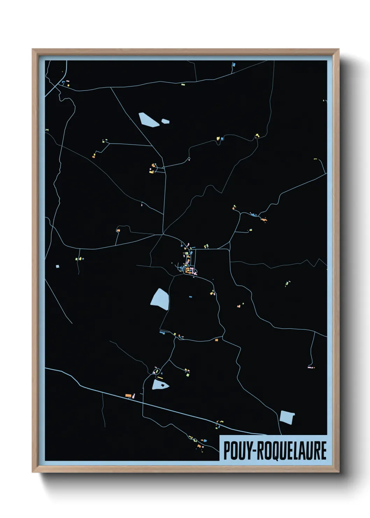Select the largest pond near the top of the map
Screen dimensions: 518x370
coord(149,119)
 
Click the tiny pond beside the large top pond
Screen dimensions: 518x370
coord(165,121)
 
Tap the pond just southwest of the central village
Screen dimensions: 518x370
coord(160,299)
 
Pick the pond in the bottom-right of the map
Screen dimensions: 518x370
coord(287,417)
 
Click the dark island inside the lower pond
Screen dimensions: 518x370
coord(162,385)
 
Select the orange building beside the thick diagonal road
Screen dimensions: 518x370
coord(128,395)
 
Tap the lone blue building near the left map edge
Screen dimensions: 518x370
coord(58,266)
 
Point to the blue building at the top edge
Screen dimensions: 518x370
coord(234,65)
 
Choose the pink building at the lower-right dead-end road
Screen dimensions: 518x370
coord(310,367)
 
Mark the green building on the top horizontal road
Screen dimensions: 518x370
coord(183,84)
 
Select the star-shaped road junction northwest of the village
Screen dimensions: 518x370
coord(163,234)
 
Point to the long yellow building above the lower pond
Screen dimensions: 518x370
coord(160,378)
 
